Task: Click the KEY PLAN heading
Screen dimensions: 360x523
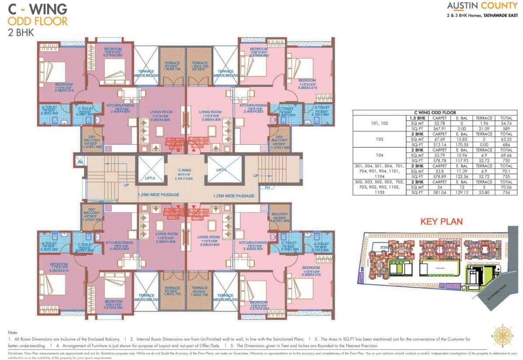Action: pyautogui.click(x=441, y=221)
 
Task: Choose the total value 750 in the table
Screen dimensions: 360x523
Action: pyautogui.click(x=506, y=161)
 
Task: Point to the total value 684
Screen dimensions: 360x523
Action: pyautogui.click(x=506, y=145)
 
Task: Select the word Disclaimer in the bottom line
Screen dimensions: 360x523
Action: pyautogui.click(x=15, y=352)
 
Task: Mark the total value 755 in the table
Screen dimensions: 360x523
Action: pyautogui.click(x=506, y=177)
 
